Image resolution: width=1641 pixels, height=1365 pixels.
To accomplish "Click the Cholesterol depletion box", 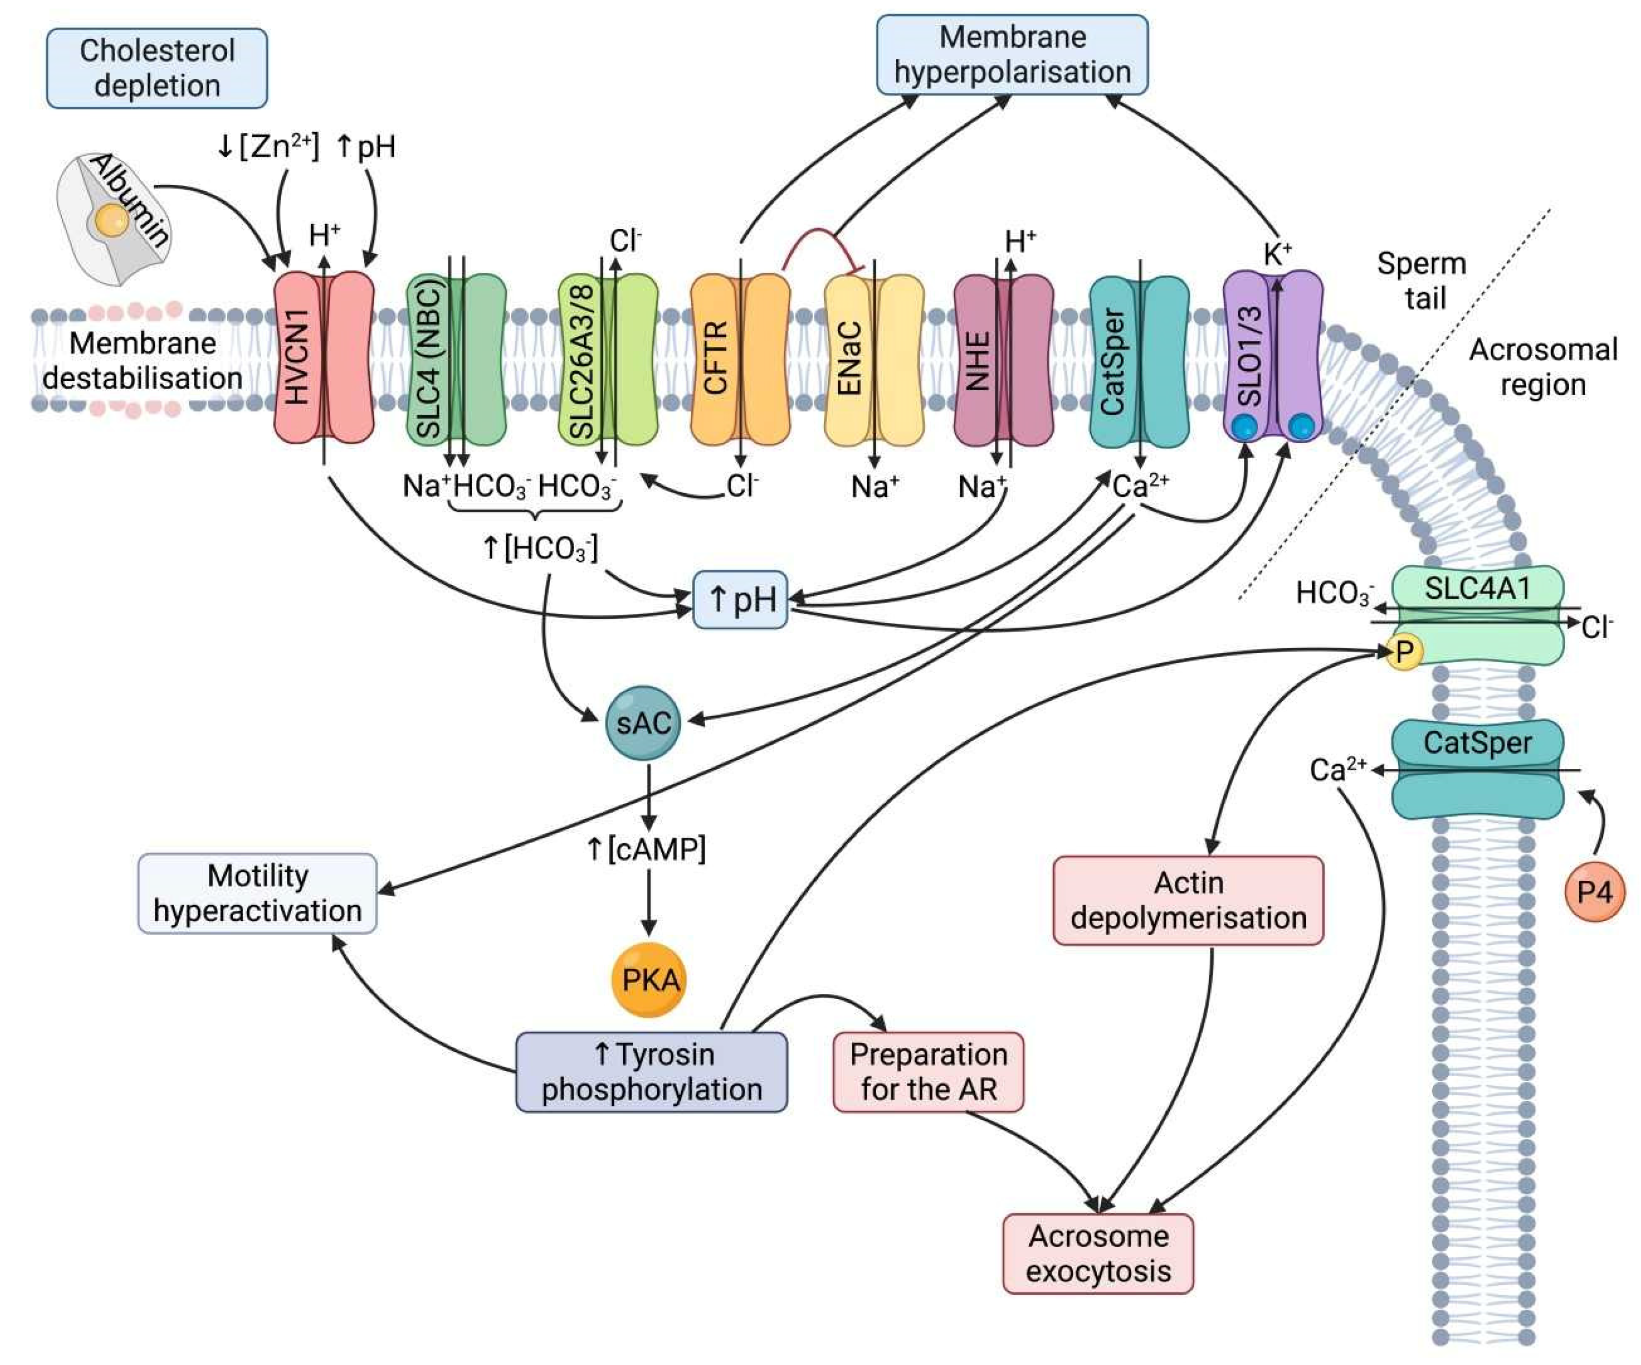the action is point(157,68).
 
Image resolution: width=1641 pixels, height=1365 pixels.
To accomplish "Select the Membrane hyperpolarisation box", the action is point(1012,55).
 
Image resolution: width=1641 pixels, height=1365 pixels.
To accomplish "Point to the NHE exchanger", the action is point(1003,359).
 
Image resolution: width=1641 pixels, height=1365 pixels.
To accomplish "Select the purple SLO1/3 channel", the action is point(1273,356).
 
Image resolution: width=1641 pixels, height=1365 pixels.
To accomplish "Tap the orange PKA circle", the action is point(650,980).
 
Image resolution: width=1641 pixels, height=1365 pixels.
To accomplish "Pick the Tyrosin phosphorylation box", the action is point(652,1072).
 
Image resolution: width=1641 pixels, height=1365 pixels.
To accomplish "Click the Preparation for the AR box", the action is point(928,1072).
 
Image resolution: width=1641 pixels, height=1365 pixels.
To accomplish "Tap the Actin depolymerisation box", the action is point(1189,900).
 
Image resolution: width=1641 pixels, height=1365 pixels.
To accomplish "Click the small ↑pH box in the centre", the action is point(740,600).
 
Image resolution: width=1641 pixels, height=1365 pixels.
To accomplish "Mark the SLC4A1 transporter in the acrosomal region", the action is point(1477,615).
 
